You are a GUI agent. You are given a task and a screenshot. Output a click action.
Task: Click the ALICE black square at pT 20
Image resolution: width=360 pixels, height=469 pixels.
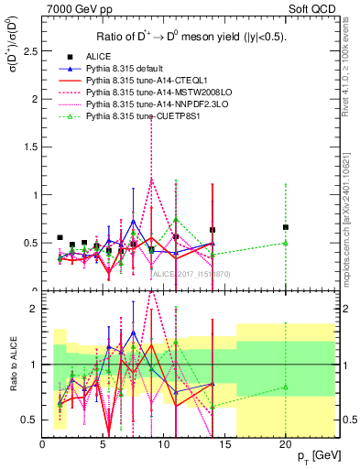(286, 227)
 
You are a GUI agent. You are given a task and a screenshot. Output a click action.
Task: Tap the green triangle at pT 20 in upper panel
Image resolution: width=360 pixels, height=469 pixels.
(286, 243)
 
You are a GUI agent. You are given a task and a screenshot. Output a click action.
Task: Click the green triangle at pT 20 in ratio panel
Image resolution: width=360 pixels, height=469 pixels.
(286, 387)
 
